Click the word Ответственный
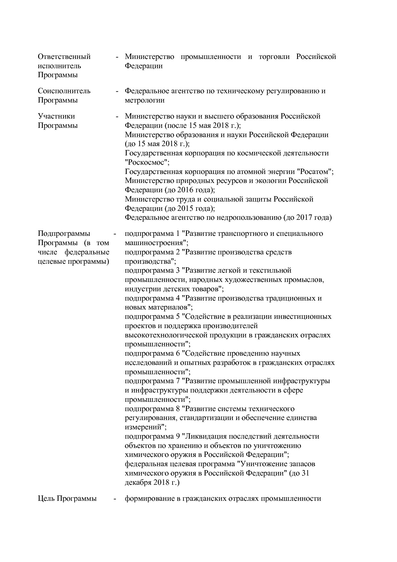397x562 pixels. [64, 57]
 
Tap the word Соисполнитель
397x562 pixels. [64, 91]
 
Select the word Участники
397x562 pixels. [56, 116]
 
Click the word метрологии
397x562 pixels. [145, 100]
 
